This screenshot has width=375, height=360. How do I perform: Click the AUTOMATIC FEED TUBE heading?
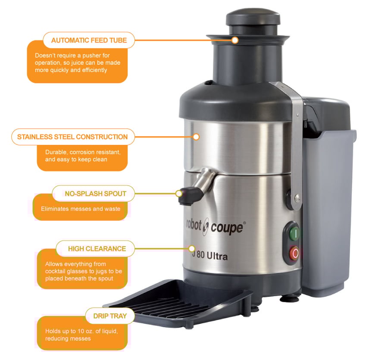[89, 41]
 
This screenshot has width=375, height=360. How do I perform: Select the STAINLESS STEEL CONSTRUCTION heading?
[72, 137]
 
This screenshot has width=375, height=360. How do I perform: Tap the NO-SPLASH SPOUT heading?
[96, 194]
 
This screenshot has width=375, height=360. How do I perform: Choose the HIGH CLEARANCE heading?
[97, 249]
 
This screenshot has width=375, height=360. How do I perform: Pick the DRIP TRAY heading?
[110, 316]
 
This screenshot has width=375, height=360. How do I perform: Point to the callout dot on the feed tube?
[235, 40]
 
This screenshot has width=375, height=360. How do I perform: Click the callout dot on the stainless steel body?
[196, 137]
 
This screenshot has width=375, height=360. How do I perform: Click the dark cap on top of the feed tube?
[253, 17]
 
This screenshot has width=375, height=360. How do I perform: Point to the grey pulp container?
[329, 207]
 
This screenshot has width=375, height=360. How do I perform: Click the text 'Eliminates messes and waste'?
[81, 209]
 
